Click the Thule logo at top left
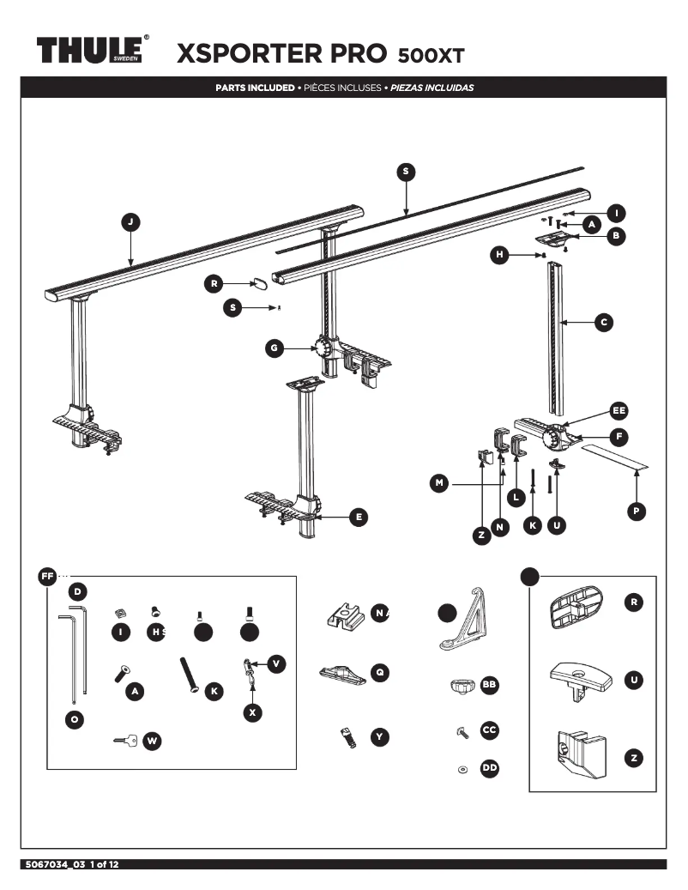93,50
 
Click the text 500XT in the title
431,57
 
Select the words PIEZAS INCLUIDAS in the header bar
432,88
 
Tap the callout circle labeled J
130,222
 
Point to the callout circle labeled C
603,323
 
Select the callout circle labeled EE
619,409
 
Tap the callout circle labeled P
636,511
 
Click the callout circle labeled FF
47,576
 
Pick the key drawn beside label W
124,740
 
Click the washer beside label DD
462,769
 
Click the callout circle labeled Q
380,673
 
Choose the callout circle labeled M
439,484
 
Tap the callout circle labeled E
359,517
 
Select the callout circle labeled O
75,720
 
